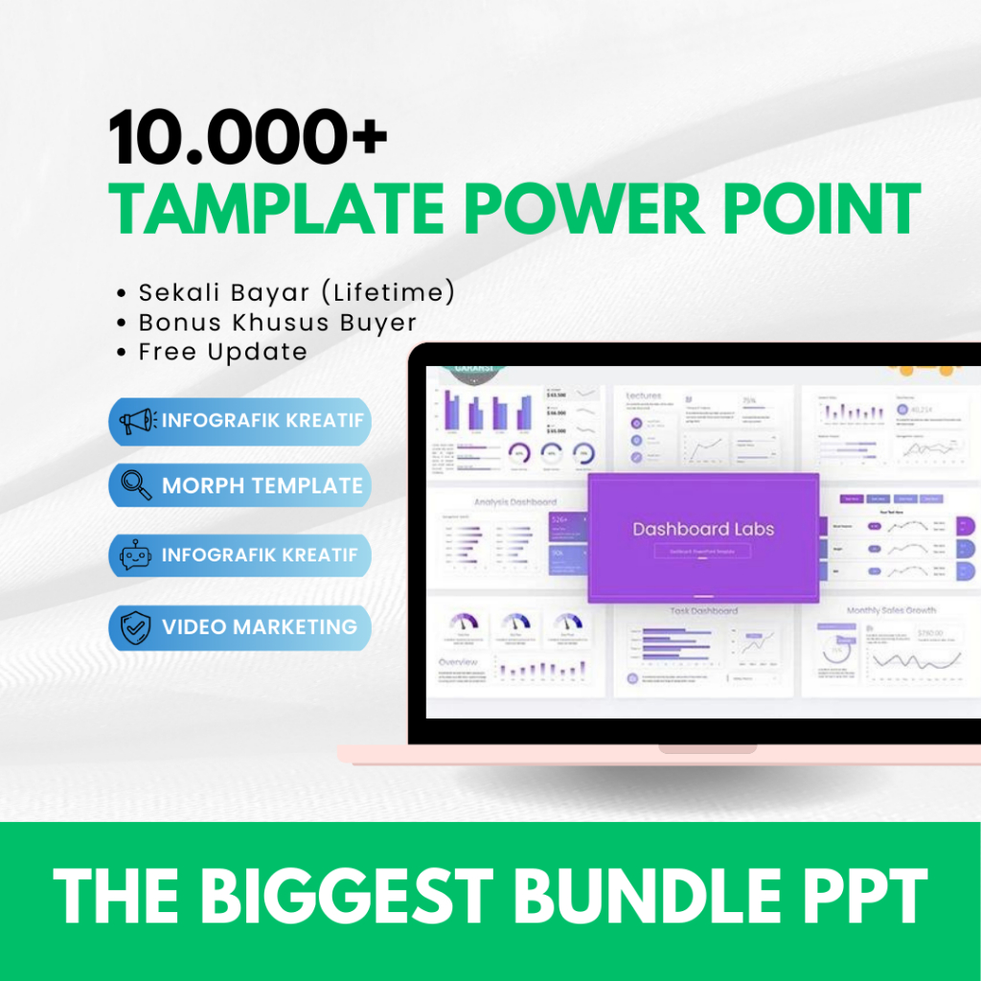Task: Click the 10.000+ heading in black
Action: (248, 138)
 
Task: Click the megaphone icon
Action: (137, 422)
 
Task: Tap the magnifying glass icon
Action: (137, 486)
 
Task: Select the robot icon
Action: (137, 556)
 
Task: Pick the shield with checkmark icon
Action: (137, 627)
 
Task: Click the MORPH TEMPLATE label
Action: (262, 486)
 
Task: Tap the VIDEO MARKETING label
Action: (260, 627)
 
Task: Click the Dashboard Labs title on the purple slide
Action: (703, 529)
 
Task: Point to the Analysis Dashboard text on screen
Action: (514, 501)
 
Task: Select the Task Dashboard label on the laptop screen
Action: (703, 610)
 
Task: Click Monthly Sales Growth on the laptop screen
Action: (891, 610)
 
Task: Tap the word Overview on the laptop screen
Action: (458, 662)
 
